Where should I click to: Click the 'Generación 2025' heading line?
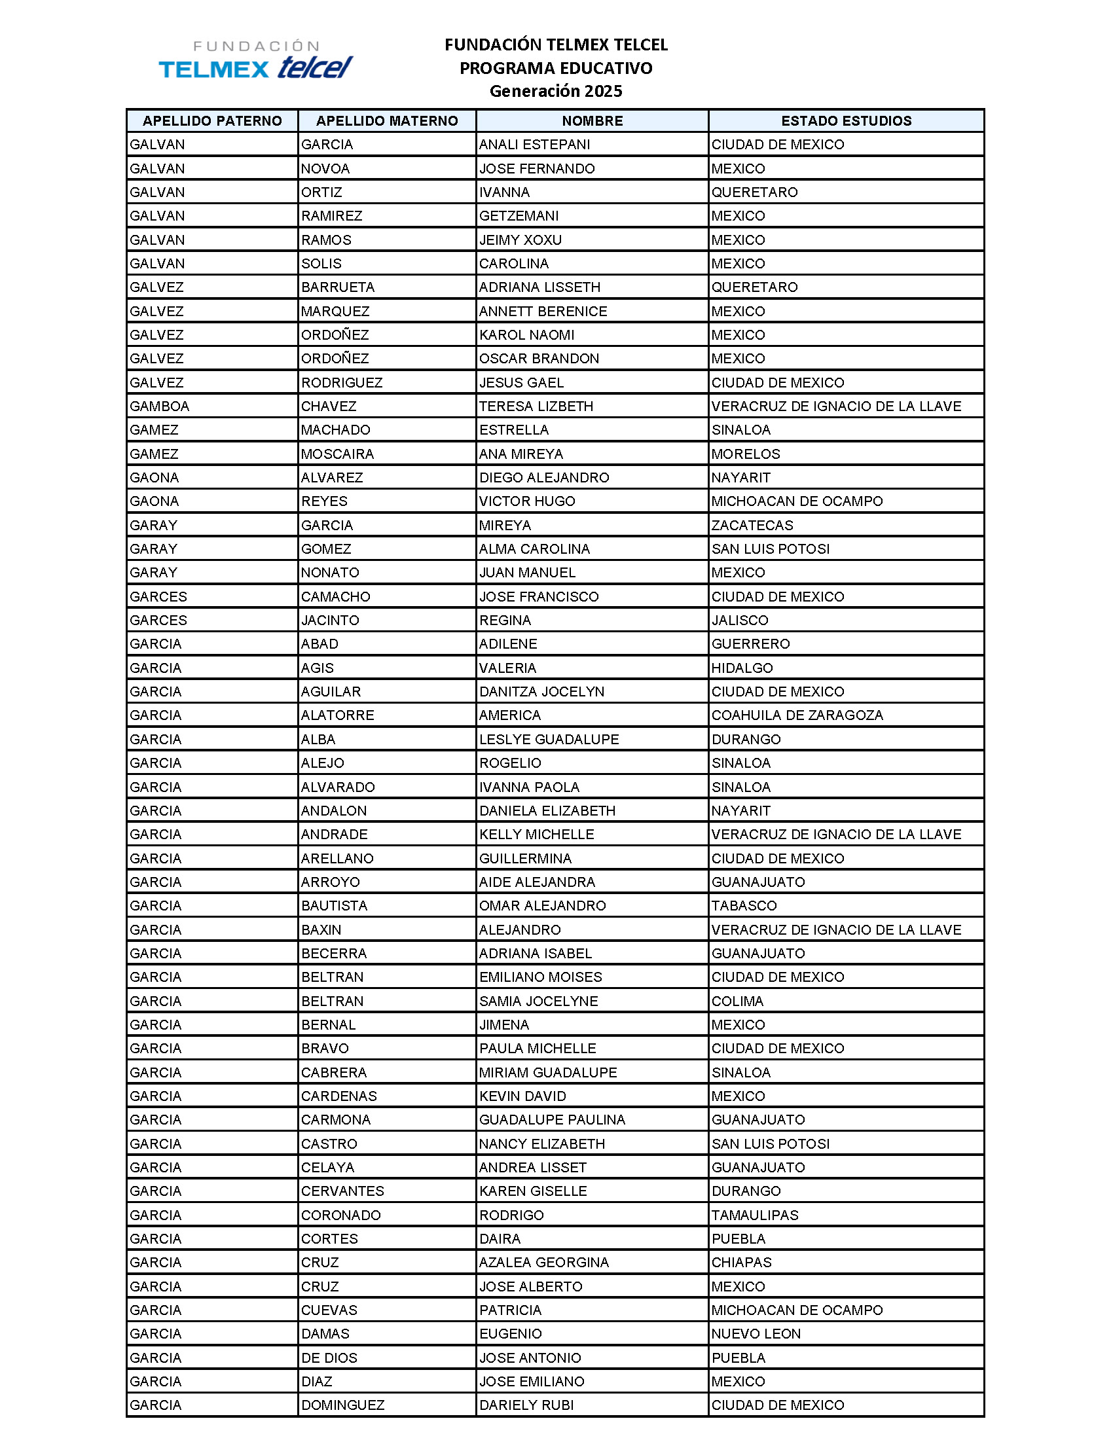tap(555, 91)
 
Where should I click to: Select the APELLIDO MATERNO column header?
tap(386, 120)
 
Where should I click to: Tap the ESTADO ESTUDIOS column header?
tap(846, 120)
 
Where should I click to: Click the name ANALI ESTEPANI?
tap(534, 145)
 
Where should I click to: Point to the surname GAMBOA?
tap(160, 406)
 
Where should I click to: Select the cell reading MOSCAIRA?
tap(337, 454)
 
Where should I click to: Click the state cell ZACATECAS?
tap(752, 526)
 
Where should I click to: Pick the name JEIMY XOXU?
tap(520, 240)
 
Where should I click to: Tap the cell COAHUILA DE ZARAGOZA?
tap(797, 715)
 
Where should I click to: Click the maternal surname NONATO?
tap(330, 573)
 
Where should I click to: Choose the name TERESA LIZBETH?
tap(536, 406)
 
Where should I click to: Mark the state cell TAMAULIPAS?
tap(754, 1215)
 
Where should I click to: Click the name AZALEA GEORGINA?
tap(544, 1263)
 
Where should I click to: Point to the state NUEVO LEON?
tap(756, 1334)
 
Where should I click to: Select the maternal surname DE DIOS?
tap(329, 1358)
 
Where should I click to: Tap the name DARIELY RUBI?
tap(526, 1405)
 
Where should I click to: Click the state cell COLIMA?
tap(737, 1001)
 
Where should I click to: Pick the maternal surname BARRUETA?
tap(338, 287)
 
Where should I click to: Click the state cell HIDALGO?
tap(742, 668)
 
